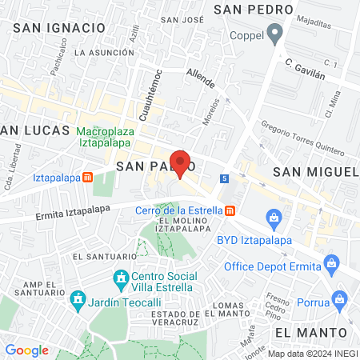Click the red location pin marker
(180, 163)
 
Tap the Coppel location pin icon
(275, 34)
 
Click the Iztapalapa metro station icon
(87, 178)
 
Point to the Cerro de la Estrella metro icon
(230, 210)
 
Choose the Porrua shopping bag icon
(340, 301)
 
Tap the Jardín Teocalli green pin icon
(78, 302)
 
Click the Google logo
(26, 350)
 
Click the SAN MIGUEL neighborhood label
(314, 172)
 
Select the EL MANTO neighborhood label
(310, 331)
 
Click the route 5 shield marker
(226, 178)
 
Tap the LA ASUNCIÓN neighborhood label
(102, 53)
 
